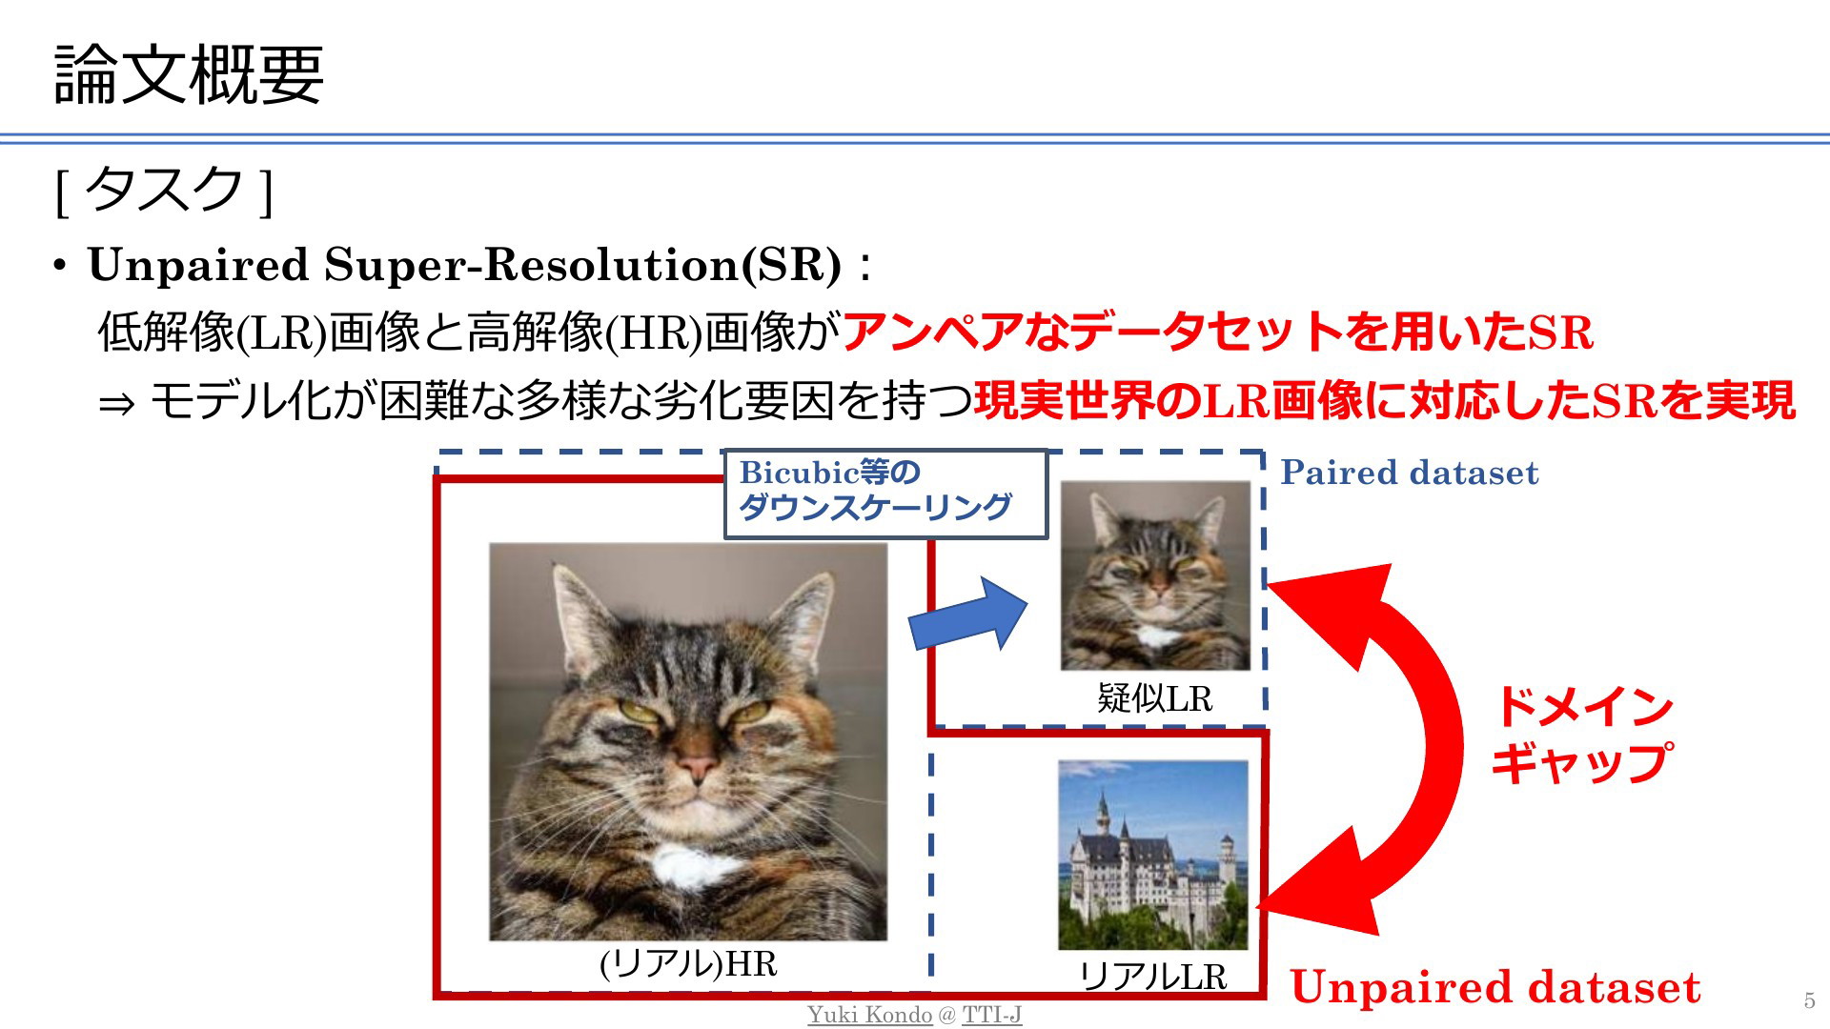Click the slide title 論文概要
tap(190, 74)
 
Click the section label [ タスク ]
tap(165, 189)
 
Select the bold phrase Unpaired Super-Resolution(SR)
tap(465, 265)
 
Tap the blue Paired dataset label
tap(1409, 473)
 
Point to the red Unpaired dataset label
tap(1495, 987)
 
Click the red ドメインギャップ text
tap(1582, 734)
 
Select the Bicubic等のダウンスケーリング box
tap(885, 494)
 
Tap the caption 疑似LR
tap(1154, 698)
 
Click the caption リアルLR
tap(1152, 977)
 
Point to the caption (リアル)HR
tap(688, 964)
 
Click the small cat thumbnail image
tap(1155, 575)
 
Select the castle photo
tap(1153, 855)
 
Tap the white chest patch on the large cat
tap(694, 866)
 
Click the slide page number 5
tap(1809, 1000)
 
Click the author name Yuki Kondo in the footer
tap(869, 1015)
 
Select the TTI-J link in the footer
tap(991, 1015)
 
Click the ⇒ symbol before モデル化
tap(116, 404)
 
